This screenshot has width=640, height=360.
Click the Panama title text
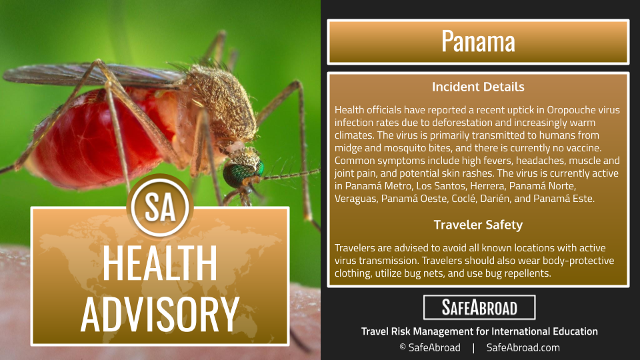[478, 41]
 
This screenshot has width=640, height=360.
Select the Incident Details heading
[478, 87]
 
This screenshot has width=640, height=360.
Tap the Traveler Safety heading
[478, 225]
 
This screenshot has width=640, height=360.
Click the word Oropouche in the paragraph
[571, 110]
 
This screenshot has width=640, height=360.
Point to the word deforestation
[461, 123]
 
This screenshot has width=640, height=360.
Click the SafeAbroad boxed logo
[479, 307]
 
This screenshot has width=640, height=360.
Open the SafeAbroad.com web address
[523, 348]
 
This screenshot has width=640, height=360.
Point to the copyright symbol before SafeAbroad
[403, 347]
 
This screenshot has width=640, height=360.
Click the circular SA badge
[160, 207]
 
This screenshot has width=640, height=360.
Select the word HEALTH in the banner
[159, 263]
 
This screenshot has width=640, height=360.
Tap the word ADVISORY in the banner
[159, 313]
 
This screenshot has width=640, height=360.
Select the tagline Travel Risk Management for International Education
[479, 331]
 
